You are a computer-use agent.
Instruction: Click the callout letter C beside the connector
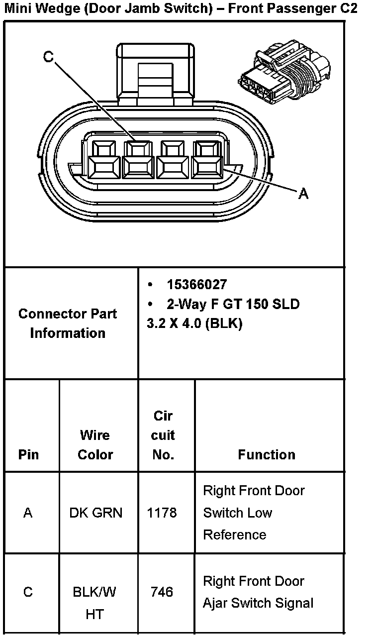pos(48,58)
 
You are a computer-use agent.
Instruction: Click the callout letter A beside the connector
pos(303,194)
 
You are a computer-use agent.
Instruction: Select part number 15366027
pos(196,285)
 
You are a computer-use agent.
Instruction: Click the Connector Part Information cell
pos(68,323)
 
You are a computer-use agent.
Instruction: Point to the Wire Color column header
pos(95,444)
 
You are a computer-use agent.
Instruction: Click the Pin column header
pos(28,454)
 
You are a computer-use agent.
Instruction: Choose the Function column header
pos(267,454)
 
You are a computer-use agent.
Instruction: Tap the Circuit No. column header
pos(163,435)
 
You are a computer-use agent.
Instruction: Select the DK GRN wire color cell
pos(95,513)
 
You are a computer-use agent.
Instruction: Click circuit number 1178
pos(162,513)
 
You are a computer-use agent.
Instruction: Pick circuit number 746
pos(162,592)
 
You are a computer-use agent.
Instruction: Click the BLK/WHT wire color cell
pos(94,603)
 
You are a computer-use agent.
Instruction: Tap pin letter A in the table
pos(28,513)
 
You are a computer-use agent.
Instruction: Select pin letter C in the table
pos(28,592)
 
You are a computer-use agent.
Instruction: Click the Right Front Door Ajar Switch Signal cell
pos(258,592)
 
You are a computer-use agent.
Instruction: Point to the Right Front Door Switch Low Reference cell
pos(254,513)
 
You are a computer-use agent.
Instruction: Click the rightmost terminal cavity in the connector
pos(207,159)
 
